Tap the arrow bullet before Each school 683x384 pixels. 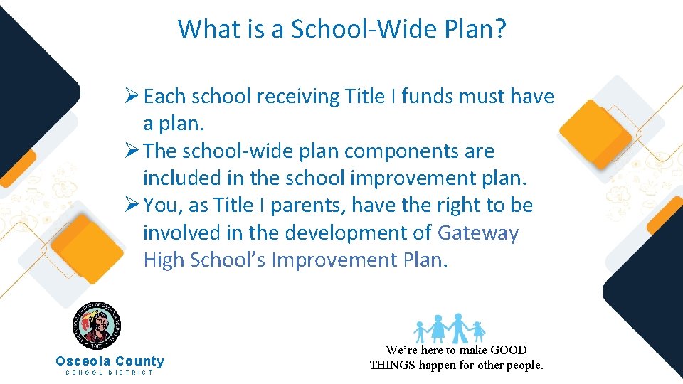(132, 96)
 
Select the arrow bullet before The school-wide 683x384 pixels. (132, 151)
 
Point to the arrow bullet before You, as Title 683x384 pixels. (132, 206)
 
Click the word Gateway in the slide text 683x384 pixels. (478, 233)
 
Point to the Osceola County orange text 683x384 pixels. (110, 361)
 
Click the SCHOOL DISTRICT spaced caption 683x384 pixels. (110, 373)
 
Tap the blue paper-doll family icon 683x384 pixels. (450, 328)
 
